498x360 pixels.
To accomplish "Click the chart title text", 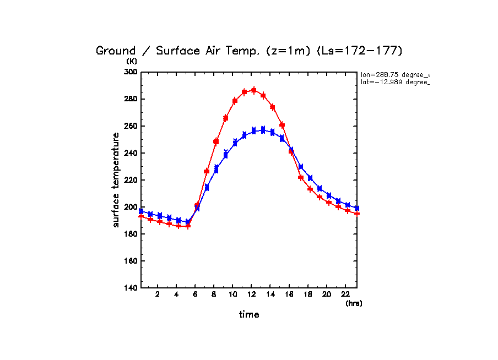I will coord(249,51).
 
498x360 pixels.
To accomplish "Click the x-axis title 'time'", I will coord(249,315).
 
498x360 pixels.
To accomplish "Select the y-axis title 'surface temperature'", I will coord(116,180).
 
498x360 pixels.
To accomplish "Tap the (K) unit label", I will coord(132,61).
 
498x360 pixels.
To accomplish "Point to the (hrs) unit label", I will coord(354,303).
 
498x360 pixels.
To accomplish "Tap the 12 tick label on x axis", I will coord(251,294).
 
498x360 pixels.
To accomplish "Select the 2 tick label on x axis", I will coord(158,294).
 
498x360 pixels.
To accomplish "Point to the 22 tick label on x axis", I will coord(345,294).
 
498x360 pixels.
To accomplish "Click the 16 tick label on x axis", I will coord(289,294).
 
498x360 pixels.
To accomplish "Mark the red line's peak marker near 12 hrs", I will coord(254,90).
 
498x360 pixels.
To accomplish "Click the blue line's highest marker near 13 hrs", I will coord(263,130).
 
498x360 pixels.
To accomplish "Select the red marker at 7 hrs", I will coord(207,171).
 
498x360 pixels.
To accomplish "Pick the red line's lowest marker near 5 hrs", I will coord(188,226).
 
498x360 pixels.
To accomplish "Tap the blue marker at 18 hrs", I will coord(310,178).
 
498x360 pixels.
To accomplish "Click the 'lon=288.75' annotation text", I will coord(394,74).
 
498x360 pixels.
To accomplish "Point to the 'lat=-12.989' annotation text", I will coord(394,82).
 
